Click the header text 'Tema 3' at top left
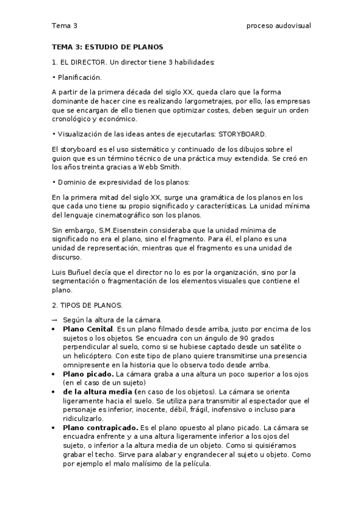(64, 26)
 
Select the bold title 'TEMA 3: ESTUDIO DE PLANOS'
(107, 47)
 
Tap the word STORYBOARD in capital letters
(242, 134)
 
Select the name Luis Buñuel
(69, 272)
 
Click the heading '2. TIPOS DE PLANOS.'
(87, 306)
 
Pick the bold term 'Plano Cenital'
(88, 328)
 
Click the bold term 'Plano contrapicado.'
(100, 427)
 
